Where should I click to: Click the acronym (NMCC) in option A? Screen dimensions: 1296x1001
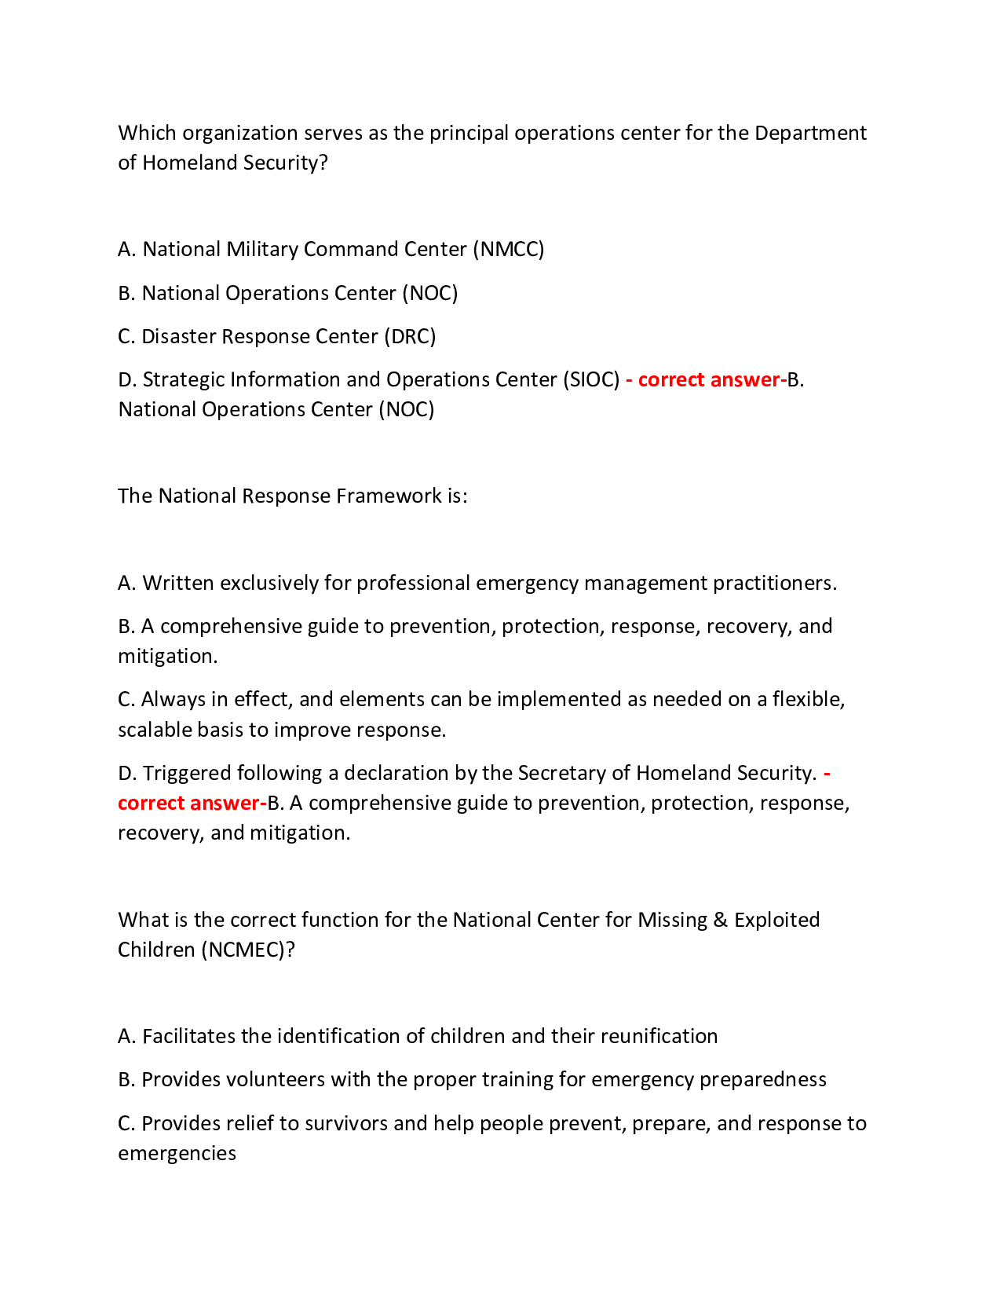[x=508, y=249]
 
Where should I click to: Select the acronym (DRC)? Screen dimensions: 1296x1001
[x=409, y=336]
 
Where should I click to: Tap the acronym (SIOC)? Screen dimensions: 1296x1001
[x=591, y=379]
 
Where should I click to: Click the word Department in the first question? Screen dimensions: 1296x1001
[x=810, y=133]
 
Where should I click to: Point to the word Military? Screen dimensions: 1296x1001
[x=261, y=249]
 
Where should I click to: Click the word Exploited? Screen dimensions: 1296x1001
[x=776, y=920]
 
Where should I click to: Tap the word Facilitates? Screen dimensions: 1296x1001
[x=188, y=1036]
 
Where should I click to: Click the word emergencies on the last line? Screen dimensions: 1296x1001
[x=177, y=1153]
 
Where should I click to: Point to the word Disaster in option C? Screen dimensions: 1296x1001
[x=178, y=336]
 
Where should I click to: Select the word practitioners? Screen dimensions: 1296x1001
[x=774, y=583]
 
